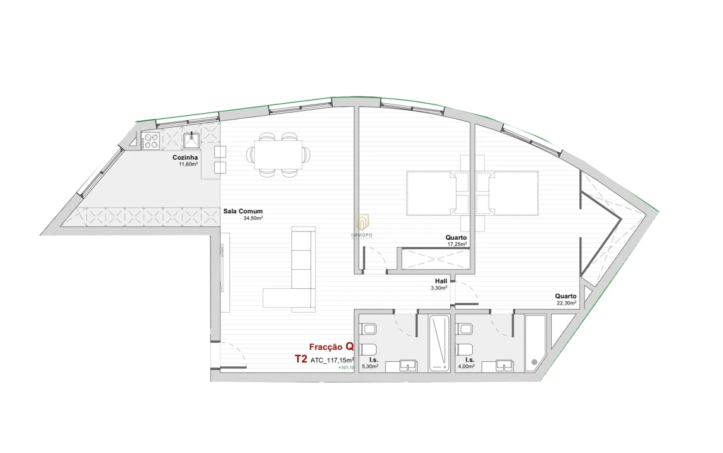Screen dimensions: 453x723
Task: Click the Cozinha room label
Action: click(x=186, y=157)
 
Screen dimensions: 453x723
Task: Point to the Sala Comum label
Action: click(x=243, y=211)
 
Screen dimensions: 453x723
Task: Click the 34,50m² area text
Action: click(x=253, y=218)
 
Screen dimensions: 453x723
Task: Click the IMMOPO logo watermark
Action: click(x=361, y=226)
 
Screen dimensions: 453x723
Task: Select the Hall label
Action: click(x=441, y=281)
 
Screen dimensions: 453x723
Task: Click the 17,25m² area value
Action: click(x=457, y=244)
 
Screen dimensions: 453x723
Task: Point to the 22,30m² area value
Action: click(x=566, y=303)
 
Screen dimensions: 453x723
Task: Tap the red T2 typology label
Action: click(x=300, y=359)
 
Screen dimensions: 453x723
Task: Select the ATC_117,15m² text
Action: click(x=333, y=361)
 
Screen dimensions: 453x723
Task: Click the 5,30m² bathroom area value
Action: click(x=370, y=366)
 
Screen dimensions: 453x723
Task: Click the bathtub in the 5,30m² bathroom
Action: click(x=439, y=343)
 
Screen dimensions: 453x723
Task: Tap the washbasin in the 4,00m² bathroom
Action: click(x=503, y=364)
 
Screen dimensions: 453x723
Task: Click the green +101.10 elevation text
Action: click(x=346, y=367)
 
